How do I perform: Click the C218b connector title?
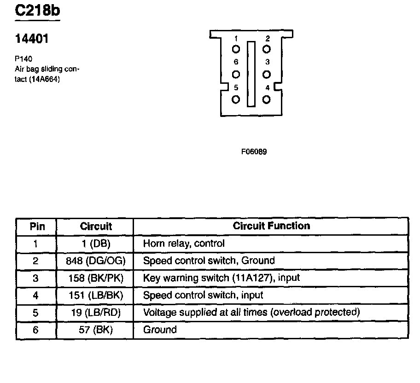pyautogui.click(x=37, y=11)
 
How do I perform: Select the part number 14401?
pyautogui.click(x=32, y=40)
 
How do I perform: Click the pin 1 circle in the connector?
pyautogui.click(x=236, y=49)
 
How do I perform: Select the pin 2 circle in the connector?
pyautogui.click(x=267, y=49)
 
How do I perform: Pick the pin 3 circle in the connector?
pyautogui.click(x=267, y=74)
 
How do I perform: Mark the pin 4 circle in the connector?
pyautogui.click(x=267, y=99)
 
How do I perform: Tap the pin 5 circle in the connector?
pyautogui.click(x=236, y=99)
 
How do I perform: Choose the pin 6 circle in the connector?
pyautogui.click(x=236, y=74)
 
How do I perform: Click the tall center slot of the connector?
pyautogui.click(x=251, y=74)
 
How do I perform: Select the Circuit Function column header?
pyautogui.click(x=271, y=226)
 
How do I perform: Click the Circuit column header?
pyautogui.click(x=96, y=226)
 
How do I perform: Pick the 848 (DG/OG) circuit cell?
pyautogui.click(x=96, y=261)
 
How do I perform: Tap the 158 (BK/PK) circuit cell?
pyautogui.click(x=96, y=278)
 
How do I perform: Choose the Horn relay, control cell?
pyautogui.click(x=184, y=243)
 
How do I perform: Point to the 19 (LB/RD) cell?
pyautogui.click(x=96, y=313)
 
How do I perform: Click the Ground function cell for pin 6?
pyautogui.click(x=160, y=330)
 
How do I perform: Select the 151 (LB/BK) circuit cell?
pyautogui.click(x=96, y=295)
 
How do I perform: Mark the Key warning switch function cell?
pyautogui.click(x=222, y=278)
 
